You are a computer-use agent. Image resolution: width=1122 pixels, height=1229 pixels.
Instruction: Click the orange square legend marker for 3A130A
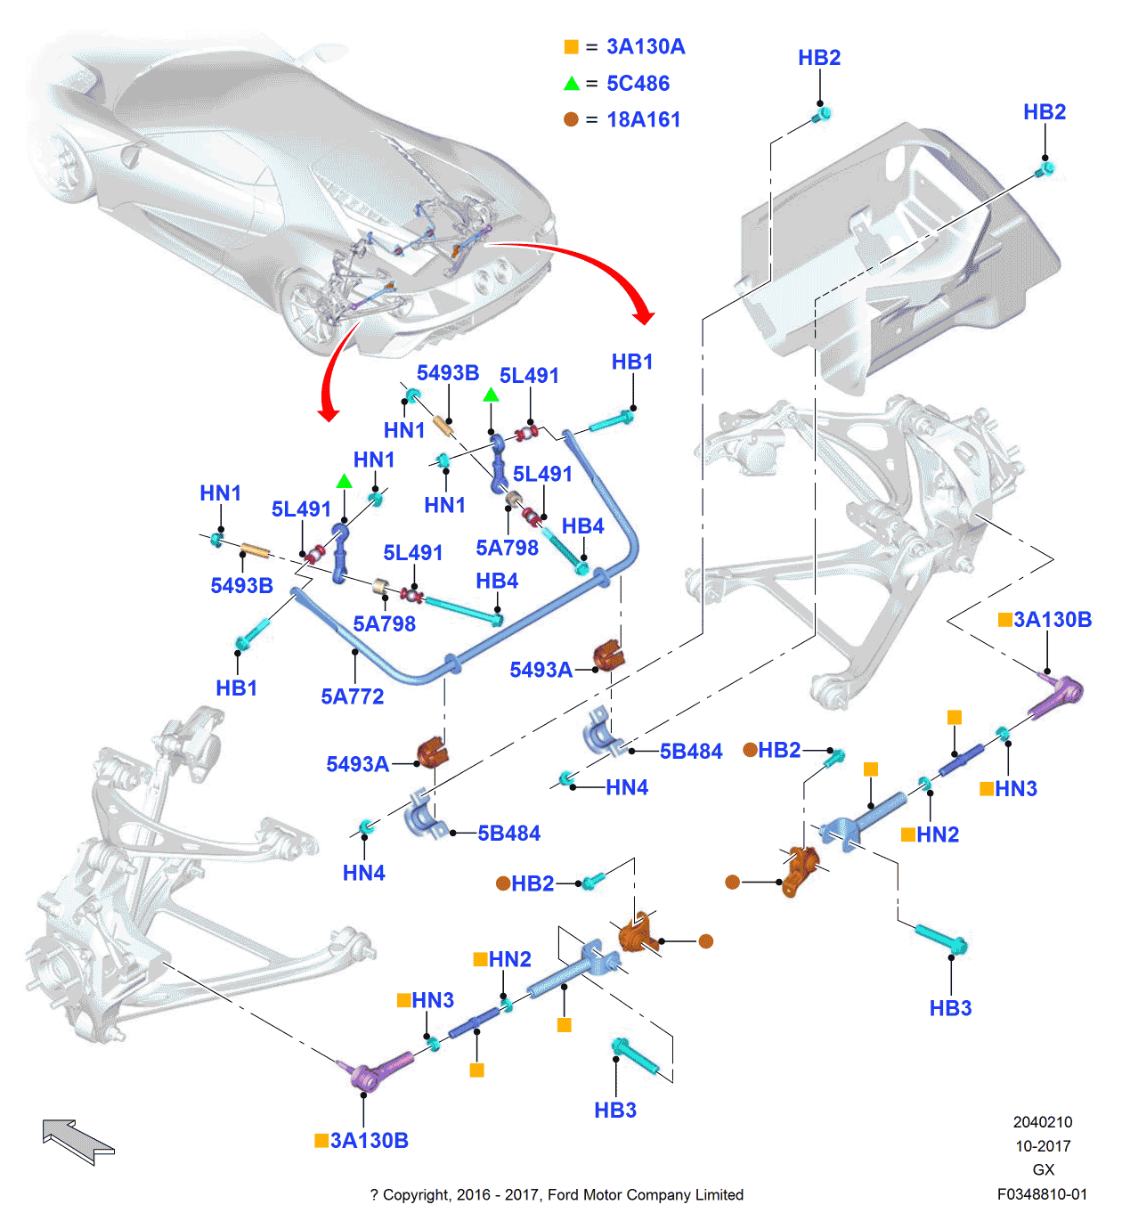tap(571, 47)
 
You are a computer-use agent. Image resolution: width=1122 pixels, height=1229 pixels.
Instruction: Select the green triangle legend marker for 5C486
tap(572, 84)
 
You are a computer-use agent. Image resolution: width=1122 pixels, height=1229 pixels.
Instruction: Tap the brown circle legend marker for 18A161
tap(571, 119)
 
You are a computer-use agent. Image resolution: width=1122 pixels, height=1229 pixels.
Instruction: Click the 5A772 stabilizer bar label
tap(353, 696)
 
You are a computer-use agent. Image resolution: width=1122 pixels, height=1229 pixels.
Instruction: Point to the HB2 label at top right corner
tap(1045, 112)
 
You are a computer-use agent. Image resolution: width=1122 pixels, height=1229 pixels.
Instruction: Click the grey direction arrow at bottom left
tap(77, 1141)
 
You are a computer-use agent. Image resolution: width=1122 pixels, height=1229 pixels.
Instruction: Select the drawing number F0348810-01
tap(1042, 1194)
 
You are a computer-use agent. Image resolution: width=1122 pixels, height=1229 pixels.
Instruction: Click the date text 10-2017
tap(1043, 1146)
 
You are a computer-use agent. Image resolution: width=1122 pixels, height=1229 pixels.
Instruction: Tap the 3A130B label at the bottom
tap(369, 1141)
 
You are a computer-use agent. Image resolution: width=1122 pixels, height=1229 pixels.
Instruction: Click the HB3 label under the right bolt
tap(950, 1008)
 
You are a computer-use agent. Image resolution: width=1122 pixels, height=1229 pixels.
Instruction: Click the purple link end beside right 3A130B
tap(1057, 696)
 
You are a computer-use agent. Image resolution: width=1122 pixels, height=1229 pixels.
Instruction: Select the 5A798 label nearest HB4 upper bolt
tap(507, 548)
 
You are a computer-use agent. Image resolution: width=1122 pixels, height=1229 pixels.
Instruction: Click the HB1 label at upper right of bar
tap(632, 362)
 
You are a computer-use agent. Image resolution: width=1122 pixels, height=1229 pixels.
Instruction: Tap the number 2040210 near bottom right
tap(1043, 1122)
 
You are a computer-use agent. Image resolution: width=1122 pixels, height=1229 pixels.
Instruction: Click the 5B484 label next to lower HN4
tap(509, 834)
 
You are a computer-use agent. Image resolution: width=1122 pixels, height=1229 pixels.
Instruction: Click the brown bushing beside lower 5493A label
tap(432, 753)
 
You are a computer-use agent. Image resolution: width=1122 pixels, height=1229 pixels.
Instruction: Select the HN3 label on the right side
tap(1016, 789)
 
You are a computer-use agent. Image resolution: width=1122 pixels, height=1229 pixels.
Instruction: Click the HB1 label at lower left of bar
tap(236, 688)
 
